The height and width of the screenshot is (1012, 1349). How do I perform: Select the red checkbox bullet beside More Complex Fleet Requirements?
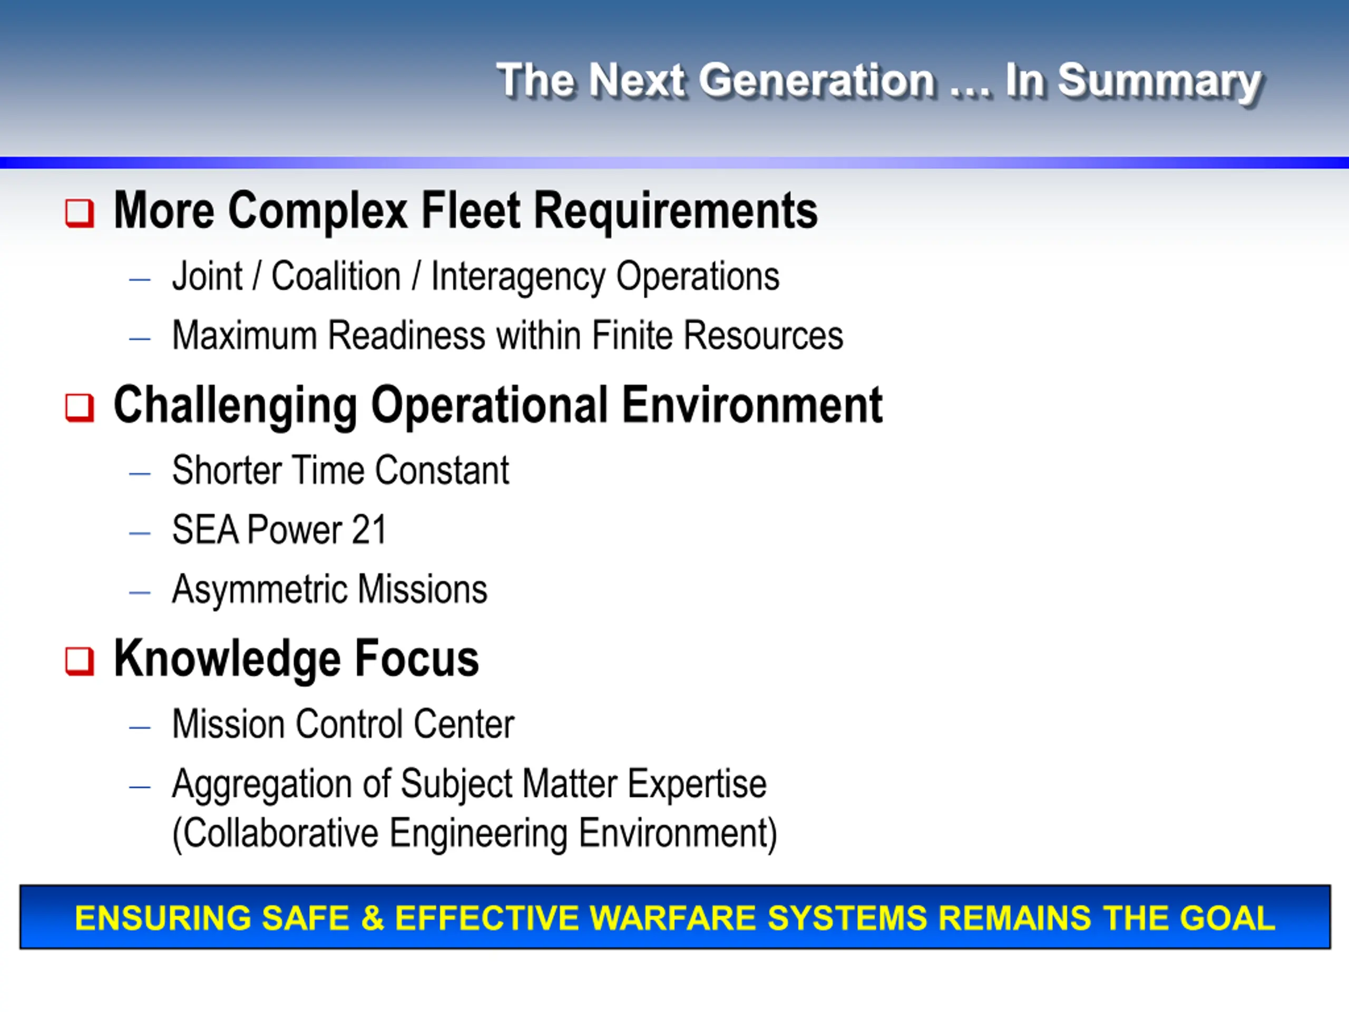coord(80,213)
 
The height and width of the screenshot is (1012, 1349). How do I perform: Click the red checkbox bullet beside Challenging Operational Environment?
coord(80,407)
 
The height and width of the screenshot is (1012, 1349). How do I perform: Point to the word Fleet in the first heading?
coord(470,210)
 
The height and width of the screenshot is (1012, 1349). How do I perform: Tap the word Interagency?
coord(518,278)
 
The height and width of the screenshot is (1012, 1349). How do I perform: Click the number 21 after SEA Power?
coord(369,530)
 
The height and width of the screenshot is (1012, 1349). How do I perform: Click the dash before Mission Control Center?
coord(140,727)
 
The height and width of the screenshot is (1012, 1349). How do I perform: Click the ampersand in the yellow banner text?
coord(373,918)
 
